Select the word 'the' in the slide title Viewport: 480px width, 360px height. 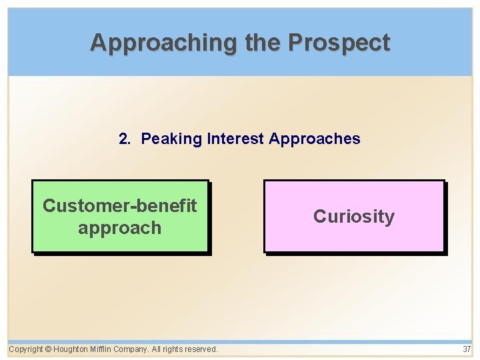264,43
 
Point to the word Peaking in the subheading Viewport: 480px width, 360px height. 171,139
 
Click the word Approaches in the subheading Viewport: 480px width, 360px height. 314,139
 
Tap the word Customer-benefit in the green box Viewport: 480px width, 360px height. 120,205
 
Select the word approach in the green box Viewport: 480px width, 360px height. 120,228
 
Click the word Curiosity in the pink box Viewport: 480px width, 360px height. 354,217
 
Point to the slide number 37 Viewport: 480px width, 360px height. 466,349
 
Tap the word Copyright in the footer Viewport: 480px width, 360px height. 25,349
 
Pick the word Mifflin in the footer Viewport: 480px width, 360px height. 101,349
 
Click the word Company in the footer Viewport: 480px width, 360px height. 131,349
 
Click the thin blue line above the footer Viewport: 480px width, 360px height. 240,341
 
